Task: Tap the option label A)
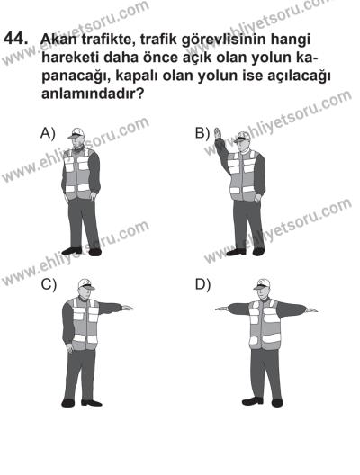coord(48,132)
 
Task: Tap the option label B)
coord(202,132)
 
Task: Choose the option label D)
coord(202,285)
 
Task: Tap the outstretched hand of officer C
coord(128,309)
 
